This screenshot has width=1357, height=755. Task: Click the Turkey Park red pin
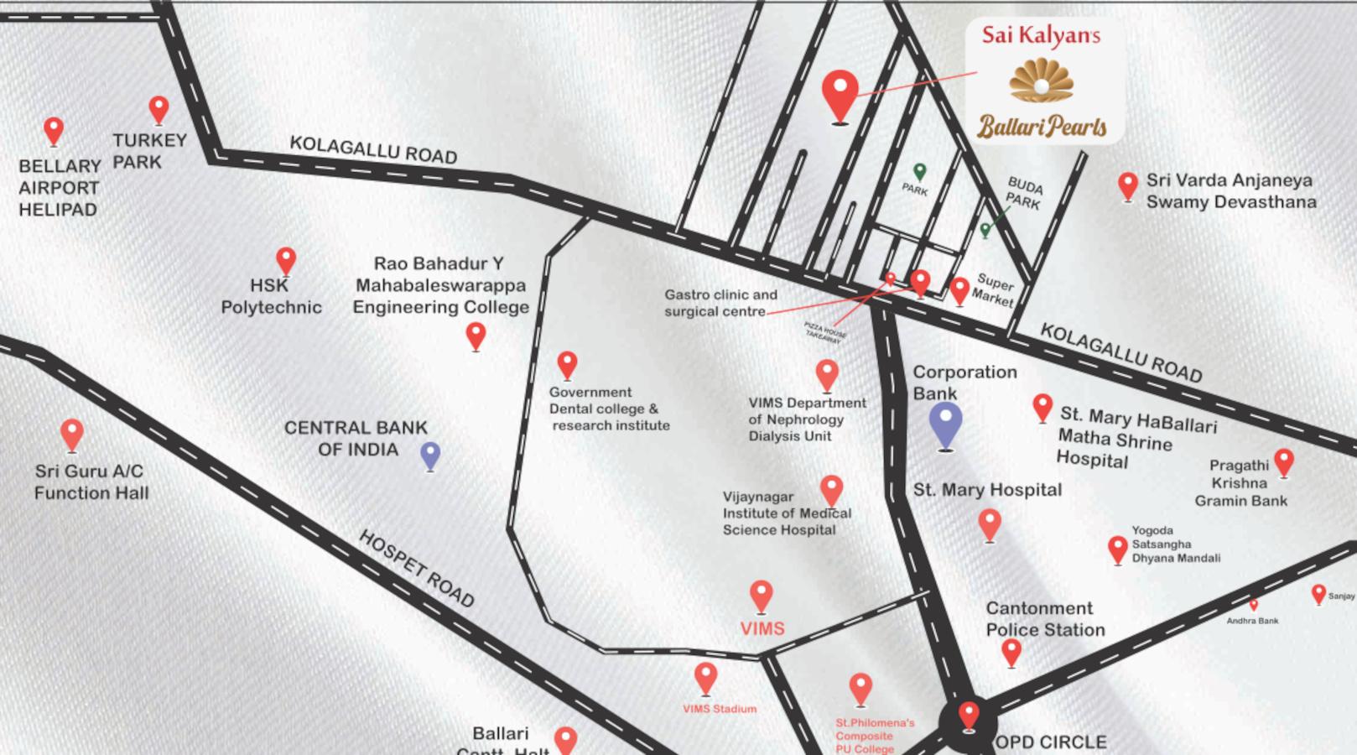[x=159, y=109]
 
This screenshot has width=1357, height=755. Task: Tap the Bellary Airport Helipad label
[x=60, y=188]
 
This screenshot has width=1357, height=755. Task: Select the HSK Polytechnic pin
[x=286, y=260]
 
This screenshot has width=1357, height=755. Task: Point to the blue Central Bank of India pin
[x=430, y=456]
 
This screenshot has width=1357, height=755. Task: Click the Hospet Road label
[x=417, y=569]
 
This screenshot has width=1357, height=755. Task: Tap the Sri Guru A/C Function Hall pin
[x=72, y=435]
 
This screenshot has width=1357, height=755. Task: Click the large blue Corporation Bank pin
[x=946, y=424]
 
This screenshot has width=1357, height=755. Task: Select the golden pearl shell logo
[x=1041, y=81]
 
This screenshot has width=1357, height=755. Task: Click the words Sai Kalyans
[x=1041, y=35]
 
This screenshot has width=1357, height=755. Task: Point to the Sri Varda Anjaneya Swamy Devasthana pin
[x=1128, y=185]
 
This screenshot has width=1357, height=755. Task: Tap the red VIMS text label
[x=762, y=628]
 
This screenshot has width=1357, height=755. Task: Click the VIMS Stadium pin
[x=706, y=678]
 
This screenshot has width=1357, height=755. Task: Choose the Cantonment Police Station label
[x=1045, y=619]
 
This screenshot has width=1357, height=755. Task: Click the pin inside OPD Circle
[x=969, y=716]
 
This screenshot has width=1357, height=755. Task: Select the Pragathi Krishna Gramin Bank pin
[x=1284, y=461]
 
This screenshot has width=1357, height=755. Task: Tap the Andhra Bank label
[x=1252, y=621]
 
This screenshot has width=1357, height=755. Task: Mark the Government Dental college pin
[x=568, y=364]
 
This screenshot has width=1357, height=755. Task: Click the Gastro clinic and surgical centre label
[x=720, y=303]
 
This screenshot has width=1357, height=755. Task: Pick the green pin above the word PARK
[x=920, y=171]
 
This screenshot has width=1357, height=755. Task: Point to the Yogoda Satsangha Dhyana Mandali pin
[x=1117, y=549]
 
